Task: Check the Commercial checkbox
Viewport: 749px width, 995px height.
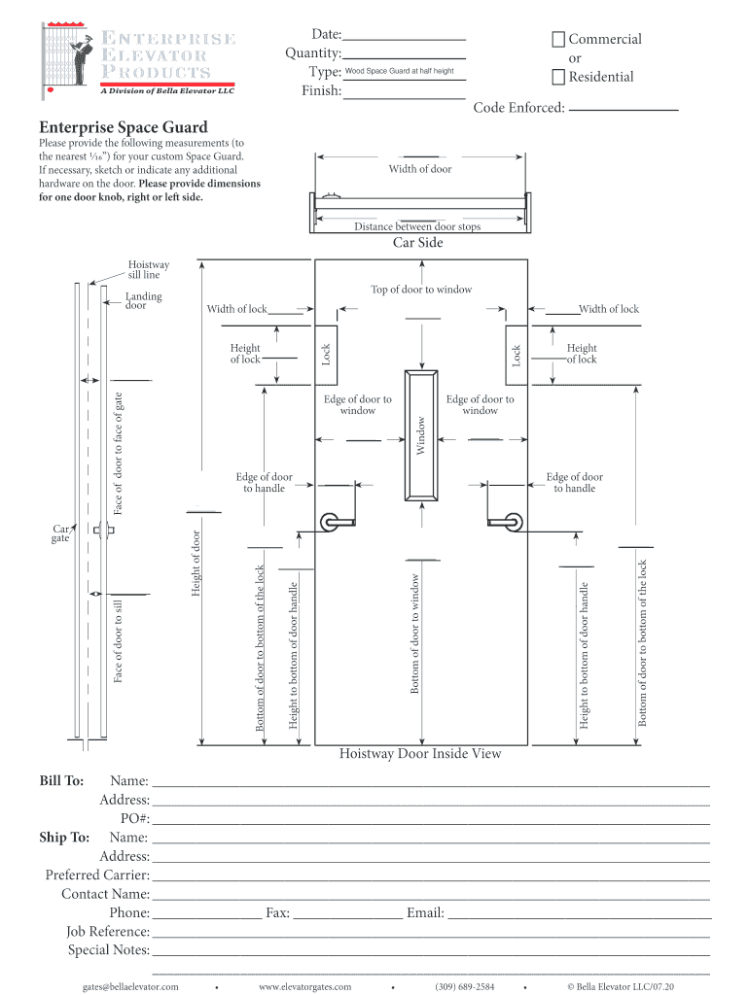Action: tap(558, 40)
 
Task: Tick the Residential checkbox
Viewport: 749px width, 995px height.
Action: tap(558, 78)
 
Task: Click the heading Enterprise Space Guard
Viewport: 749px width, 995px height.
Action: tap(124, 127)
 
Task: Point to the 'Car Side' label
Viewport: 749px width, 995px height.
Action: tap(418, 242)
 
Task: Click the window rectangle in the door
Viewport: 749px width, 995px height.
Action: tap(421, 434)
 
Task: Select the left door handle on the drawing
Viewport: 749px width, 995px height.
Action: tap(336, 522)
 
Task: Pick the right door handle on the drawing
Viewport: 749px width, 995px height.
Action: tap(507, 522)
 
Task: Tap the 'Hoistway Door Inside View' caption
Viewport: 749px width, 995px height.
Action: tap(420, 754)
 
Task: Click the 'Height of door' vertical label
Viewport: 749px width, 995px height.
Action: tap(196, 565)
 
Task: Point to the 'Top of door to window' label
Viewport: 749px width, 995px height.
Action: tap(421, 290)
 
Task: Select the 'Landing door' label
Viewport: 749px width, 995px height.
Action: tap(144, 301)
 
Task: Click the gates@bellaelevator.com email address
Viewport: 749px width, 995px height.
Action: tap(135, 987)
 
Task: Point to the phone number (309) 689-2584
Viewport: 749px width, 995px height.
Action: tap(465, 987)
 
